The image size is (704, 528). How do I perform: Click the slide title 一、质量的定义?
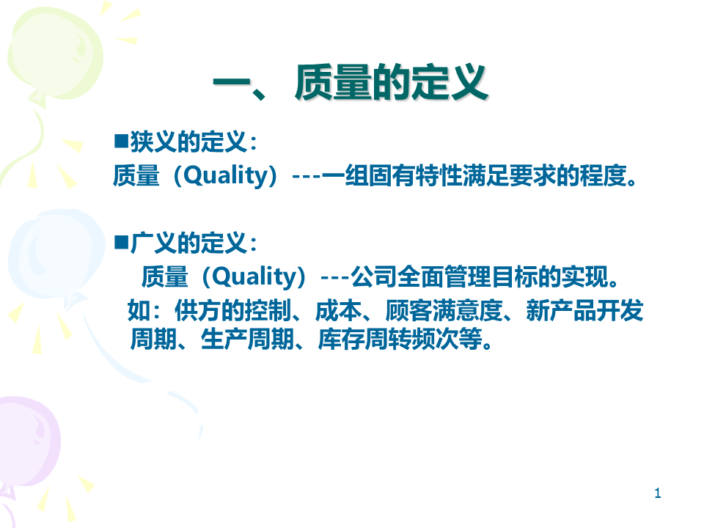click(351, 82)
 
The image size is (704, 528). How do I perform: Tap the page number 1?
click(657, 493)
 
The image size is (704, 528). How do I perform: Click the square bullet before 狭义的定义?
click(121, 141)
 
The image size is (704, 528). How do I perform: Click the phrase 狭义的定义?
click(188, 142)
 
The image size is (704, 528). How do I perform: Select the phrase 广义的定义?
click(188, 243)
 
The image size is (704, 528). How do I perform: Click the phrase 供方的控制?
click(232, 310)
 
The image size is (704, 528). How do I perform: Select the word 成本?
click(339, 310)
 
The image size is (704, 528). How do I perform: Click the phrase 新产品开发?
click(584, 310)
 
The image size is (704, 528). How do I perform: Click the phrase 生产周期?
click(247, 339)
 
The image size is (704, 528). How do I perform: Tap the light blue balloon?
click(56, 254)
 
